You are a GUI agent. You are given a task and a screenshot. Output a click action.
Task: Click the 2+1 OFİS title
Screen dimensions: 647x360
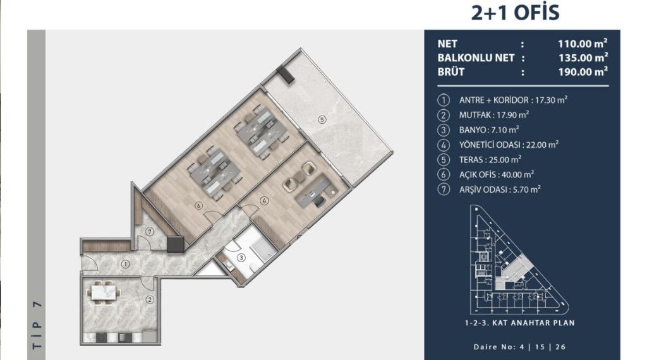click(x=516, y=13)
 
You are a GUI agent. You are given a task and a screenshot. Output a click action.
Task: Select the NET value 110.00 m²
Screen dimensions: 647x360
click(x=583, y=44)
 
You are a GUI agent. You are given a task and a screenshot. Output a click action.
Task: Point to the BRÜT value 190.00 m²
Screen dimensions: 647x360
click(x=583, y=72)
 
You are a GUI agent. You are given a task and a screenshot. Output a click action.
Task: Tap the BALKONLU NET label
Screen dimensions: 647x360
click(x=476, y=57)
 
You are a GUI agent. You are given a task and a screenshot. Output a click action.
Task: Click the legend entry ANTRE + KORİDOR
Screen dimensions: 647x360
click(x=513, y=100)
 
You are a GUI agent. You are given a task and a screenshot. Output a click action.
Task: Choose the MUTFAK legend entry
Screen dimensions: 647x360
click(x=494, y=115)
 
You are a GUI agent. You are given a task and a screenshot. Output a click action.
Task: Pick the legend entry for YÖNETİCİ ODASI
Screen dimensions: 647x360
click(x=509, y=145)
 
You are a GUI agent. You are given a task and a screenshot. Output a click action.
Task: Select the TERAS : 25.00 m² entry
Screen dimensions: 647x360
click(x=490, y=160)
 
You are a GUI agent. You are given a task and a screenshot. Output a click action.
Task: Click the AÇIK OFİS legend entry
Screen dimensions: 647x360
click(x=497, y=174)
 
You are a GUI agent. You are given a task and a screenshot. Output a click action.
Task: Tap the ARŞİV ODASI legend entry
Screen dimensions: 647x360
click(x=500, y=189)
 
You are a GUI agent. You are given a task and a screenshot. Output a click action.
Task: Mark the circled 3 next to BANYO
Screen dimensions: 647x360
click(x=444, y=130)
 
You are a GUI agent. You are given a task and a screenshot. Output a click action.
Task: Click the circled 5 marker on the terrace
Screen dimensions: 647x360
click(x=322, y=119)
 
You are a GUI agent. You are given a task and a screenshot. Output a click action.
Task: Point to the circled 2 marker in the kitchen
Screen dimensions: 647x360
click(x=149, y=300)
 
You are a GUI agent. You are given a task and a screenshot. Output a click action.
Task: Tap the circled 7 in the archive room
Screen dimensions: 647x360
click(x=149, y=232)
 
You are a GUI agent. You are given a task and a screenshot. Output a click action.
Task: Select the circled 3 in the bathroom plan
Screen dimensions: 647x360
click(x=241, y=258)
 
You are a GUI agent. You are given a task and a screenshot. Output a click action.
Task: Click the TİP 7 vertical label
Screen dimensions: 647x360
click(x=37, y=325)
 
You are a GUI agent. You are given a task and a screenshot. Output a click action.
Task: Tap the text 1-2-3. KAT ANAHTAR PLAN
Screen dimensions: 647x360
click(x=519, y=323)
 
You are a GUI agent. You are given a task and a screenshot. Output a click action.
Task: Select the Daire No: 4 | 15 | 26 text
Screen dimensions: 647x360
click(x=519, y=347)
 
